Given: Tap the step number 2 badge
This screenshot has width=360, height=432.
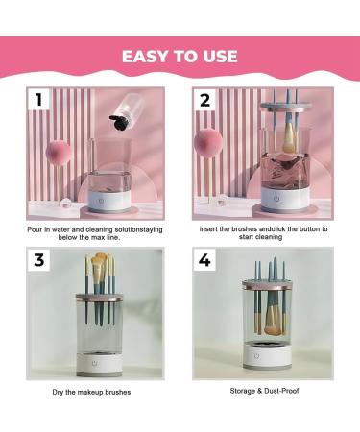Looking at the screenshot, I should (204, 100).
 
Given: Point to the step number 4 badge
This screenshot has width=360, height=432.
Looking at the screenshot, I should (204, 261).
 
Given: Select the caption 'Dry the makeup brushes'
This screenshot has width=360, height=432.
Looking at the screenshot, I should (92, 393).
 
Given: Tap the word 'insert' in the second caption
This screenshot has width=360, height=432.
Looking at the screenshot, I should (210, 230).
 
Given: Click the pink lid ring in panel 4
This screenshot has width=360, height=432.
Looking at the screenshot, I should (256, 286).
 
